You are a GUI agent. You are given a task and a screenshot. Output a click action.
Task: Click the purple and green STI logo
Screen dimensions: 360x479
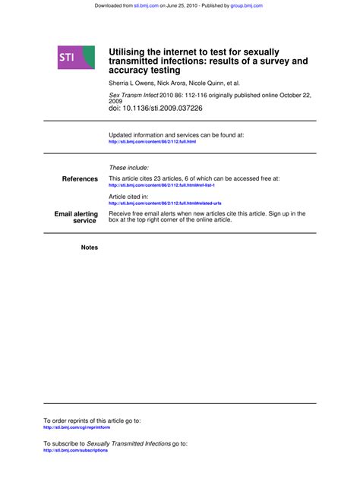76,58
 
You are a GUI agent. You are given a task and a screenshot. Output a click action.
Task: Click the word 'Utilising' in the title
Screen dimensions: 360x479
131,51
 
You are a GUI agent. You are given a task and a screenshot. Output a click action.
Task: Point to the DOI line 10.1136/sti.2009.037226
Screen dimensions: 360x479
156,109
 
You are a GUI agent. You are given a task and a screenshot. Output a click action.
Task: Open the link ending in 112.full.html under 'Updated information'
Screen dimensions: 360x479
152,142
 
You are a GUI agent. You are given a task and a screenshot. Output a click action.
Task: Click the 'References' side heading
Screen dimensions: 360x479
80,179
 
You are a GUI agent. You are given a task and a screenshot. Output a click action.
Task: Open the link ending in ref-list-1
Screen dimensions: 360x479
162,185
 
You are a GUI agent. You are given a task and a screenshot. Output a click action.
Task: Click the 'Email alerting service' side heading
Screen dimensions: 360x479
76,218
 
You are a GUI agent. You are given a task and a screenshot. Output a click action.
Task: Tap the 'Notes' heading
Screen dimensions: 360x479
89,247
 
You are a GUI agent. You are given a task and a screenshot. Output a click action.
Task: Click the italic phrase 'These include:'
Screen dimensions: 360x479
129,168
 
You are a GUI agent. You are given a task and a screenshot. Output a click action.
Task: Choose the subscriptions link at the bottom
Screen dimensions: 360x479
75,450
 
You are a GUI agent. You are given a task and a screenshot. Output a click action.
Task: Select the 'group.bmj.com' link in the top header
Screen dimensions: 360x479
247,5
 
